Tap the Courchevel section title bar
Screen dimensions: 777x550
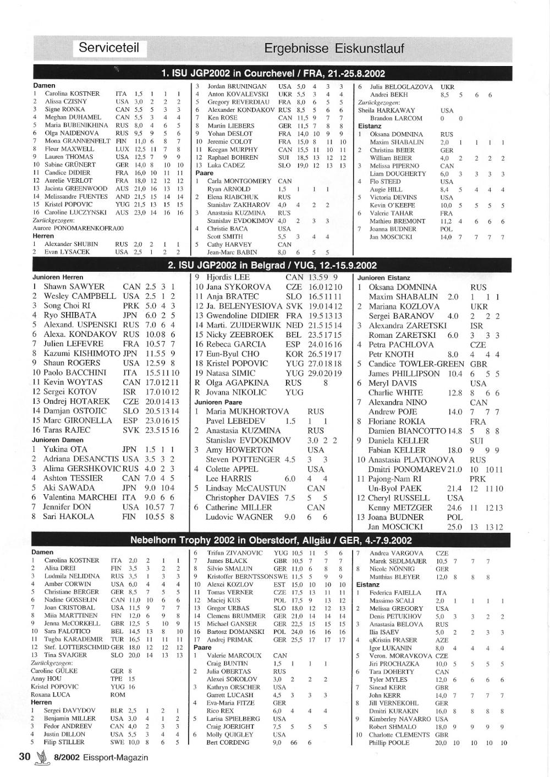click(x=273, y=73)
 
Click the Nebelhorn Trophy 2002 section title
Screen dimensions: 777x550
click(x=271, y=540)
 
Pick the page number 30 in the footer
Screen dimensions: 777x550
click(x=24, y=757)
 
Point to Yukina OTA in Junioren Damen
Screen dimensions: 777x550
click(x=65, y=450)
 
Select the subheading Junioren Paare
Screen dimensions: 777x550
click(x=217, y=402)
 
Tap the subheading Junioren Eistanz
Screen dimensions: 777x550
click(x=384, y=277)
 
